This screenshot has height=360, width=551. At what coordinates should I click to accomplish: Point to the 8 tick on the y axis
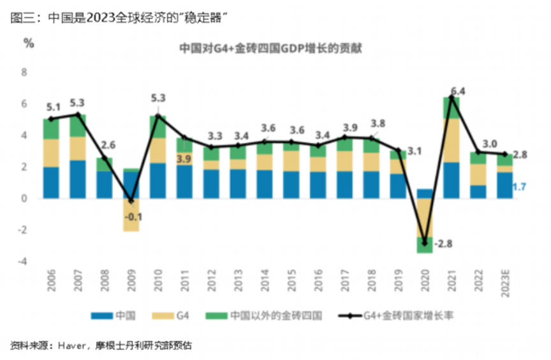25,72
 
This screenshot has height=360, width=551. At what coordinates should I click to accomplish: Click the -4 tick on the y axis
24,261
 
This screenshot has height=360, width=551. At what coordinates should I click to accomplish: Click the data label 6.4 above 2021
457,91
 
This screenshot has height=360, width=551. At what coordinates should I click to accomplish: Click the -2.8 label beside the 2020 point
442,243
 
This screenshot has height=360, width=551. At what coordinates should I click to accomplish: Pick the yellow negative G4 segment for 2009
131,214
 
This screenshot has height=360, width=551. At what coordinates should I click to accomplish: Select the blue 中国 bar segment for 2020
424,193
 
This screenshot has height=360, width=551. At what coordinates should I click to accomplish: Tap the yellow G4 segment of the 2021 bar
451,140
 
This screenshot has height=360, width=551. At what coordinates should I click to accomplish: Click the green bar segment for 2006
51,129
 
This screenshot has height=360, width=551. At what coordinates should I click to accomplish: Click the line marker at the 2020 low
424,243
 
